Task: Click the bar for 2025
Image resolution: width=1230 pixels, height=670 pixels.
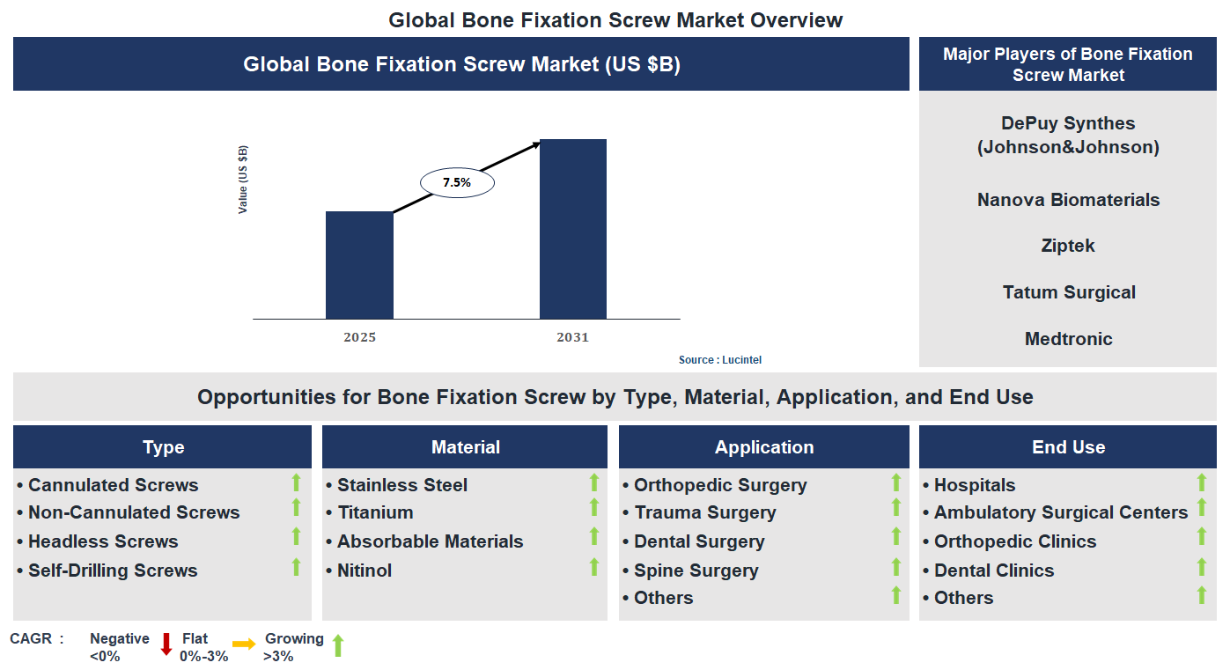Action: [x=359, y=265]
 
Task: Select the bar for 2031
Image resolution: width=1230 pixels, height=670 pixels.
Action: [x=573, y=229]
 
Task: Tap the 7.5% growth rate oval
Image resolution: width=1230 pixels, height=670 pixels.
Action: [x=457, y=182]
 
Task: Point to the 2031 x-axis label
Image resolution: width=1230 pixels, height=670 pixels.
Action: [x=573, y=337]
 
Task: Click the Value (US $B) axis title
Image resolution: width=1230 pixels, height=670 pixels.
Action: [x=243, y=180]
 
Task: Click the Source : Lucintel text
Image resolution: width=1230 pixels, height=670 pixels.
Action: [x=719, y=360]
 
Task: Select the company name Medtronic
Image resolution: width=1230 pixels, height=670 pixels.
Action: [x=1068, y=339]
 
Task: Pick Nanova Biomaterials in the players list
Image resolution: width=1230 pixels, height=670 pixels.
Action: [x=1068, y=200]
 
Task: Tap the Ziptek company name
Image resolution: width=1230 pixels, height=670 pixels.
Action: [x=1068, y=246]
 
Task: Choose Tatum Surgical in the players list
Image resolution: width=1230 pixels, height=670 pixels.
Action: [x=1068, y=292]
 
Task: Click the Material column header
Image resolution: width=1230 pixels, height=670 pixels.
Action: [x=465, y=447]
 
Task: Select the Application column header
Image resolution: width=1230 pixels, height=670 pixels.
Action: [x=763, y=447]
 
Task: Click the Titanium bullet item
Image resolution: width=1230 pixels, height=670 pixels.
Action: [x=375, y=512]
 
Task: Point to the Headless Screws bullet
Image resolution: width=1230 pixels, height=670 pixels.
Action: [x=103, y=541]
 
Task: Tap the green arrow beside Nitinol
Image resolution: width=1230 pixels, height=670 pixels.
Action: [x=594, y=568]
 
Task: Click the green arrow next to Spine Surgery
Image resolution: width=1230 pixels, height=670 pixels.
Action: [x=896, y=568]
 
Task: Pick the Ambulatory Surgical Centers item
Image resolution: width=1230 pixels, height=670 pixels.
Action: [x=1061, y=512]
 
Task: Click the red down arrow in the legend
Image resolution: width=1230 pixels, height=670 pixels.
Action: [x=166, y=645]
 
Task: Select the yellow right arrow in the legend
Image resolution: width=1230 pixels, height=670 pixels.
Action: [x=244, y=644]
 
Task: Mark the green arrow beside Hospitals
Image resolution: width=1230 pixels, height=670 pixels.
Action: [x=1201, y=482]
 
